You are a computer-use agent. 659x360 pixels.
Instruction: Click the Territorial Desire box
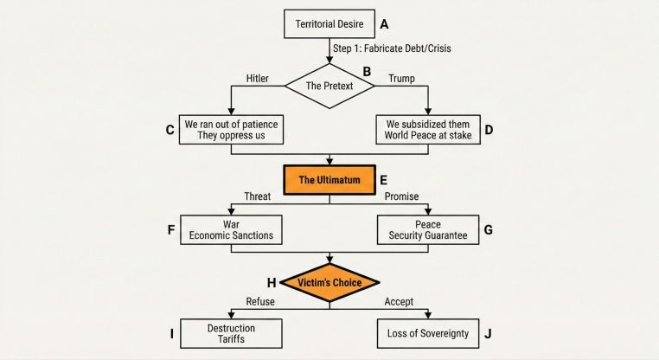tap(329, 23)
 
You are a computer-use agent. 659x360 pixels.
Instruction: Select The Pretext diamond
tap(329, 86)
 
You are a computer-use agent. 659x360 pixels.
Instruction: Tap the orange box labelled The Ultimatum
tap(329, 181)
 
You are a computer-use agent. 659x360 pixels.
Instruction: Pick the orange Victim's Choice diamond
tap(329, 283)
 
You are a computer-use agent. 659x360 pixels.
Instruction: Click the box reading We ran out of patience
tap(231, 130)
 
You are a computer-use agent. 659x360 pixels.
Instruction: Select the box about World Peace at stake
tap(427, 130)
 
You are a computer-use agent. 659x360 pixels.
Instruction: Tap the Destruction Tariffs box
tap(231, 333)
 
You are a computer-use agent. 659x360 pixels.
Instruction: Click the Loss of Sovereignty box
tap(427, 333)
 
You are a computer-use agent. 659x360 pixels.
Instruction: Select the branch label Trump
tap(401, 79)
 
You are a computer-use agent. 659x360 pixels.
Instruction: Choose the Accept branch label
tap(399, 301)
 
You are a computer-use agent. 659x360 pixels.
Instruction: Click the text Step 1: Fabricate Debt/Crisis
tap(392, 48)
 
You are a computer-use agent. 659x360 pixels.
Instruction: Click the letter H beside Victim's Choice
tap(272, 282)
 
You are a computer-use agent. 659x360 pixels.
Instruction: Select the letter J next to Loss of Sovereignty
tap(489, 332)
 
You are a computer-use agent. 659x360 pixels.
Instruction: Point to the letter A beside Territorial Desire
tap(385, 23)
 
